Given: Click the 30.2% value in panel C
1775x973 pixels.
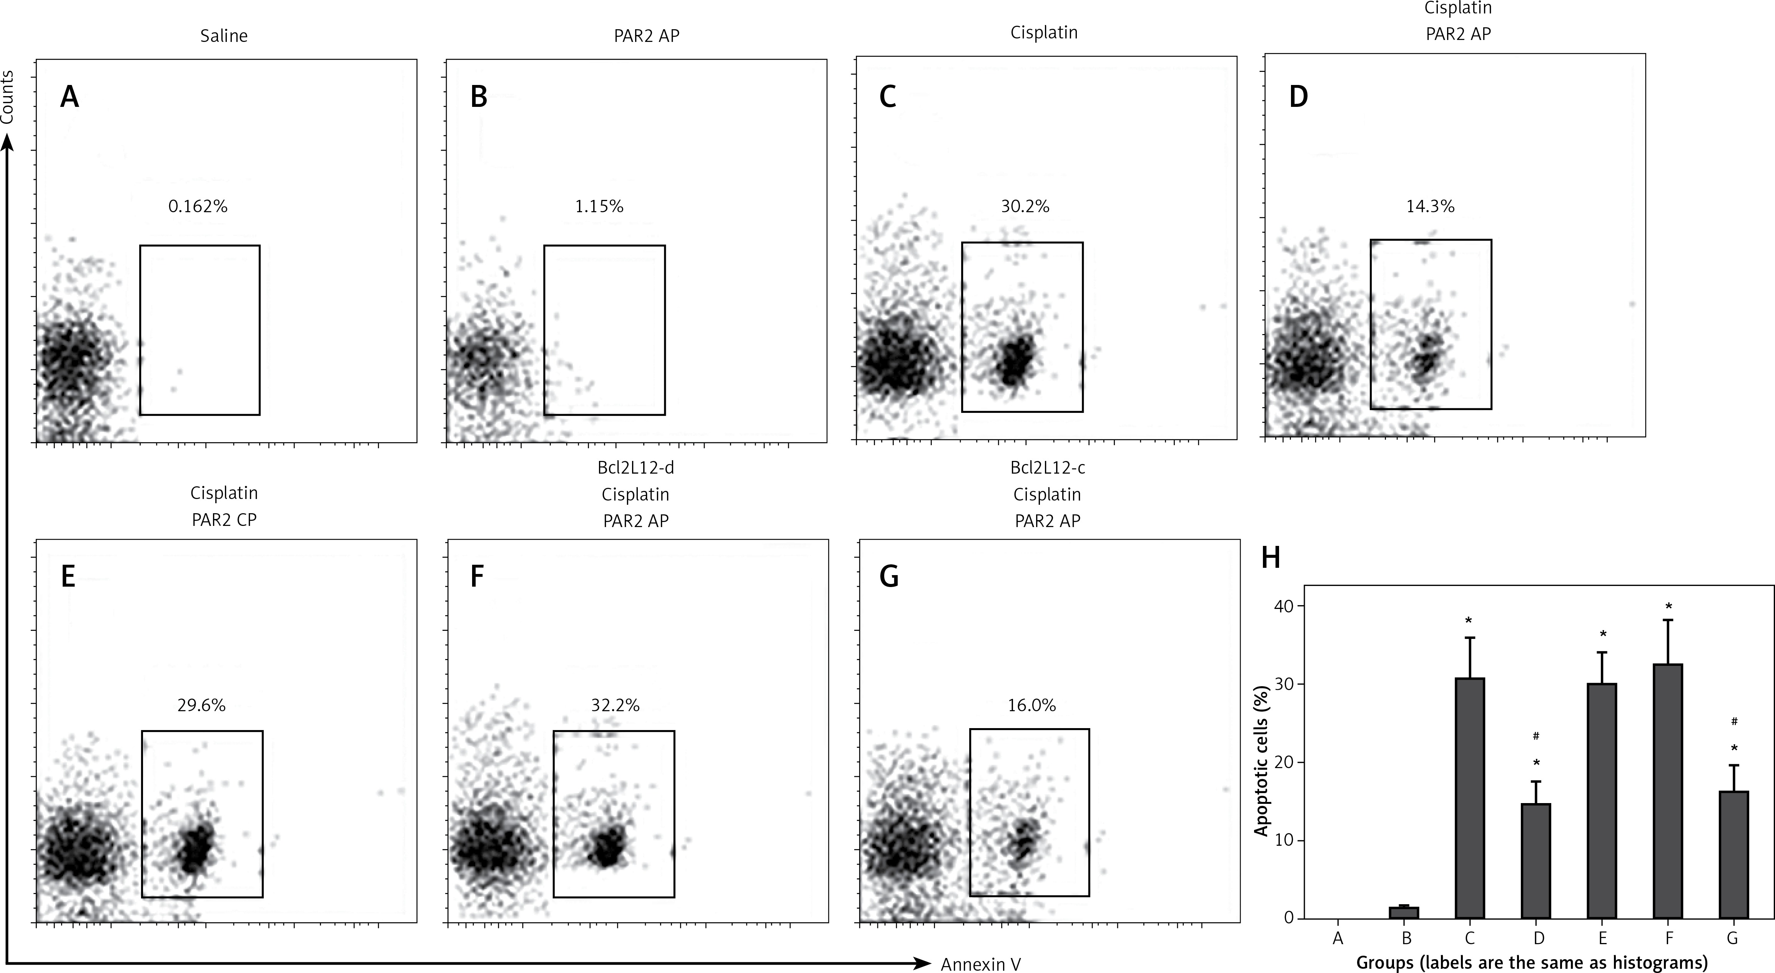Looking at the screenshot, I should pos(1025,206).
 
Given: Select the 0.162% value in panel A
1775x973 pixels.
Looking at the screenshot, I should pos(198,206).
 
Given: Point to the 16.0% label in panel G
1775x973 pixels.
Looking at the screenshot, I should pos(1031,705).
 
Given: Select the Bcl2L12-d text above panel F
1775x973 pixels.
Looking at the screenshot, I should pos(635,468).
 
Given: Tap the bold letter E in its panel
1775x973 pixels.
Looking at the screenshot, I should pos(68,576).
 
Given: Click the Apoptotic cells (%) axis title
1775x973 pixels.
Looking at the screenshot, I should pos(1261,760).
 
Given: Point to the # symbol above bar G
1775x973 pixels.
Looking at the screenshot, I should pos(1733,722).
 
